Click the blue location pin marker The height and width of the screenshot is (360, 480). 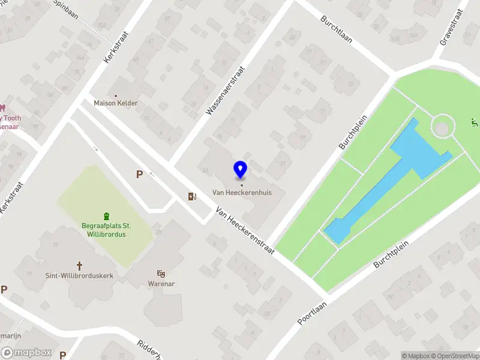[x=241, y=170]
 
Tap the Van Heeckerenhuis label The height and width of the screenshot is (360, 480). [x=242, y=193]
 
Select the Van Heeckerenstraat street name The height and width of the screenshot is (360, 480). [x=245, y=231]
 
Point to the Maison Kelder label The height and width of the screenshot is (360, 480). [x=116, y=103]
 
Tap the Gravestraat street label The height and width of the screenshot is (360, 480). [x=454, y=27]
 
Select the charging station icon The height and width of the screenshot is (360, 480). [x=192, y=196]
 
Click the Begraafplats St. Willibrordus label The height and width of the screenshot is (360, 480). [x=107, y=230]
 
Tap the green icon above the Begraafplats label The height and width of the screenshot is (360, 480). [x=107, y=216]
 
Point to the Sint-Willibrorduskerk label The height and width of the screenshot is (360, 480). [x=79, y=275]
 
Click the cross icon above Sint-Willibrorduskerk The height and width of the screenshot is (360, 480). [x=79, y=265]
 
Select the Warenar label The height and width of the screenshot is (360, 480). [x=161, y=283]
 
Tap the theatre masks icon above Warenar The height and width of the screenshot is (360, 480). [x=161, y=273]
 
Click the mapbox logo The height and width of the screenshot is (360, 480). [x=26, y=353]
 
